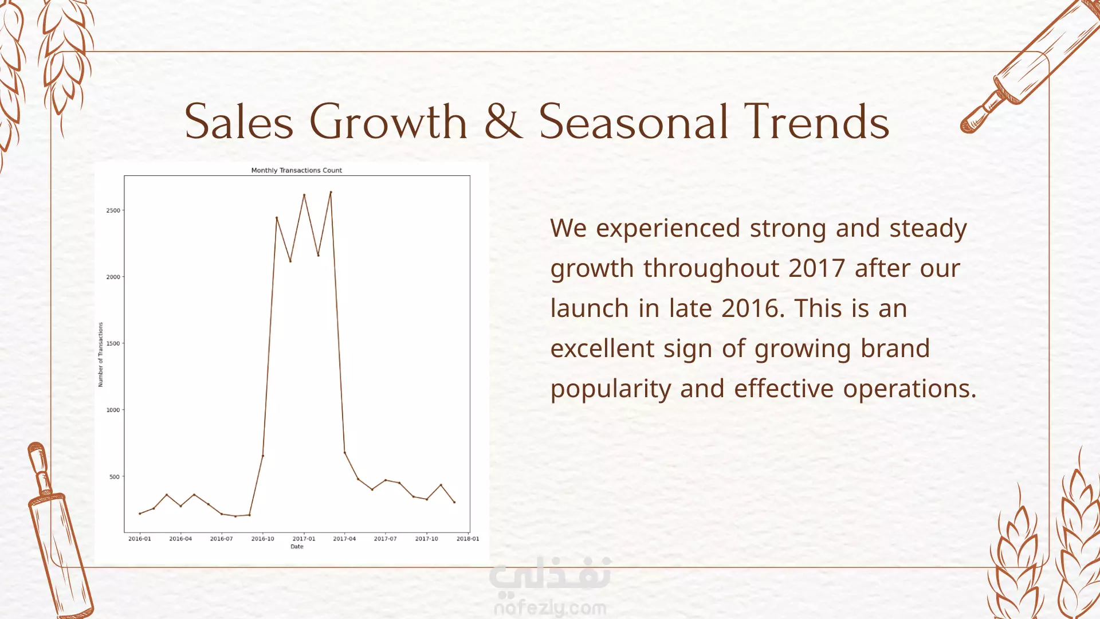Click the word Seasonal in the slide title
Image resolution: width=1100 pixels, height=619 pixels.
(634, 122)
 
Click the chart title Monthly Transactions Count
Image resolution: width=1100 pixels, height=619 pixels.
(297, 170)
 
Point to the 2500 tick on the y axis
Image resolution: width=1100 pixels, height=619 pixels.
(113, 210)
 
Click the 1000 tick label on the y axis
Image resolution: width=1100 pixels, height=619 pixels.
(113, 410)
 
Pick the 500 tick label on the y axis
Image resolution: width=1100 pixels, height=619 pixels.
(115, 476)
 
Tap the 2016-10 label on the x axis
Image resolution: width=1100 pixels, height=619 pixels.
(262, 539)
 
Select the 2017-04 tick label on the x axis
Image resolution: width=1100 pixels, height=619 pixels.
(344, 539)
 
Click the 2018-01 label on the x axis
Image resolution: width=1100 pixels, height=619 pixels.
(467, 539)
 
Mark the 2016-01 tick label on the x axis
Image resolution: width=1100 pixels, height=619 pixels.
(140, 539)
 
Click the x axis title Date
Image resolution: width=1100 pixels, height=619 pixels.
(297, 547)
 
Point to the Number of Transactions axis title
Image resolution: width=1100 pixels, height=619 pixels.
(101, 354)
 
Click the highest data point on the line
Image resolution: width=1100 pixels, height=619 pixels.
(331, 192)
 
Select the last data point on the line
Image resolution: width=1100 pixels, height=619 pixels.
(454, 502)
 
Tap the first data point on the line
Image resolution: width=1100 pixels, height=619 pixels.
(140, 514)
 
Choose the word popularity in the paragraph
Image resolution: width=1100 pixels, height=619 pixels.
(611, 390)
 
